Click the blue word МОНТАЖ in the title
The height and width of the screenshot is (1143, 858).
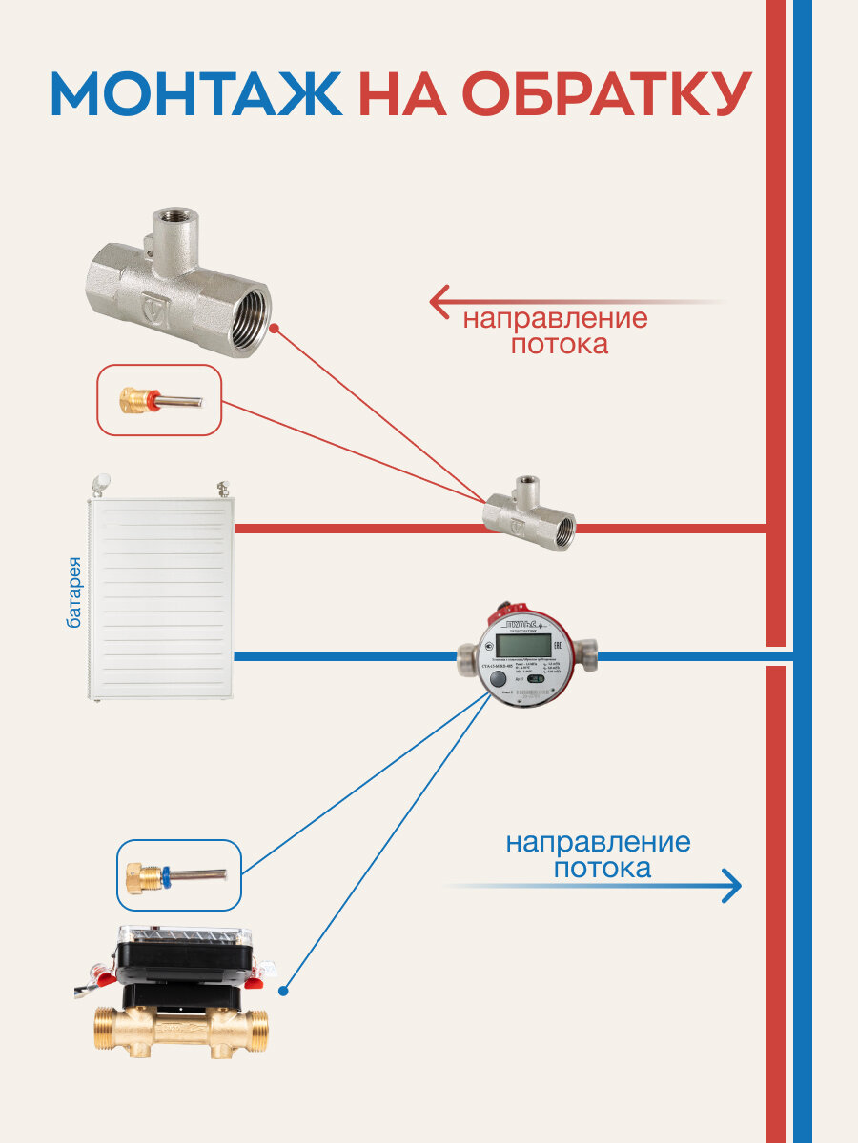point(195,93)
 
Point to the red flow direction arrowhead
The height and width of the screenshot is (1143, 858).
point(439,302)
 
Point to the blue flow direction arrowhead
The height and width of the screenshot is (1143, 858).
point(732,885)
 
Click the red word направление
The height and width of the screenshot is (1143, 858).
point(555,318)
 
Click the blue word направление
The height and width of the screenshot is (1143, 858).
point(598,843)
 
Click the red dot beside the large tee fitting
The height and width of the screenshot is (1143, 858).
point(274,328)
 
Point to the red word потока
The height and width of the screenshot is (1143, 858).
point(559,345)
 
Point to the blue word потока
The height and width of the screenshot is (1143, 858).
point(603,869)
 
